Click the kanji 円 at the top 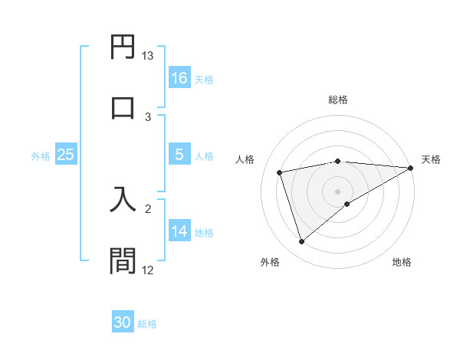(123, 47)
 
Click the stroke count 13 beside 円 (148, 56)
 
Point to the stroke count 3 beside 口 (149, 117)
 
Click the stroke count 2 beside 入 (149, 208)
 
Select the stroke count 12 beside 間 (148, 270)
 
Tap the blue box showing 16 (179, 77)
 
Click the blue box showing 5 (179, 154)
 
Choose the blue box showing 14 (179, 231)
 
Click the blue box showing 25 (66, 154)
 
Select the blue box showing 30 (123, 322)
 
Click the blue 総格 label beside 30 (147, 324)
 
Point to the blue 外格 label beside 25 (41, 155)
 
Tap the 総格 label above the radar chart (338, 100)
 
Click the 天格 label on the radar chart (431, 159)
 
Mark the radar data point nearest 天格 (411, 169)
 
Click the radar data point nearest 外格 (301, 242)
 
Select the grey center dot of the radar (338, 191)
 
